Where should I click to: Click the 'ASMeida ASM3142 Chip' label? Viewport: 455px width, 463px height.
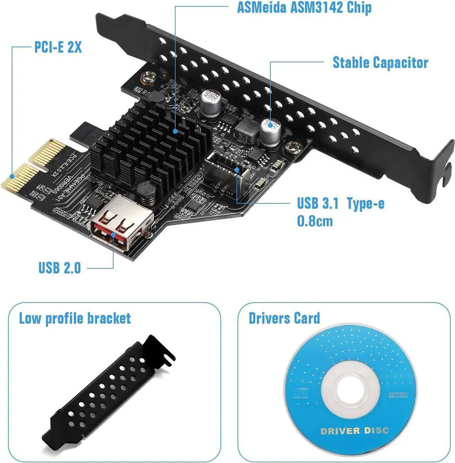(x=304, y=7)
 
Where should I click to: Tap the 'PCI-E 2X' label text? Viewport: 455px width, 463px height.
(x=58, y=47)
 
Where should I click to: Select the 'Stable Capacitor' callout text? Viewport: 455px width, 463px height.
(x=380, y=63)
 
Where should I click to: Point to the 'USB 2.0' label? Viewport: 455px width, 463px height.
(x=60, y=268)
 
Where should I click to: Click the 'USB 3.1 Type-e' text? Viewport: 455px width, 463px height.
(x=340, y=204)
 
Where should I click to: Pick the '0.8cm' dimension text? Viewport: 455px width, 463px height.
(x=315, y=221)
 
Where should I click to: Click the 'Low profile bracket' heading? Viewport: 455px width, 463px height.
(x=75, y=318)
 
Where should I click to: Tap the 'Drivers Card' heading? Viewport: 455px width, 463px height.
(x=284, y=318)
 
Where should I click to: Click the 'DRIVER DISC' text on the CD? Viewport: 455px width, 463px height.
(x=354, y=431)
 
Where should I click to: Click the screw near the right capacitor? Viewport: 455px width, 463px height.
(x=293, y=145)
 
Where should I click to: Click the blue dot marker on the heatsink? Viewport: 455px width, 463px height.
(x=175, y=131)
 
